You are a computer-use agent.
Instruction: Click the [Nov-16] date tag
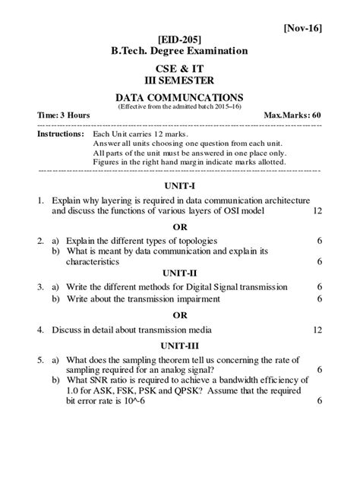pyautogui.click(x=303, y=28)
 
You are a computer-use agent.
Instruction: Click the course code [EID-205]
pyautogui.click(x=179, y=39)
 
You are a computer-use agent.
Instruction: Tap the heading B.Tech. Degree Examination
pyautogui.click(x=179, y=51)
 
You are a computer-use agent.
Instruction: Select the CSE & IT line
pyautogui.click(x=179, y=68)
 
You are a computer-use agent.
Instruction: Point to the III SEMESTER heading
pyautogui.click(x=179, y=80)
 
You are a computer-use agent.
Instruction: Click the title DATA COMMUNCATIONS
pyautogui.click(x=179, y=98)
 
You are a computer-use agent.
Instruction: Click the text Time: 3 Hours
pyautogui.click(x=64, y=115)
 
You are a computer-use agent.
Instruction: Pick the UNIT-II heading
pyautogui.click(x=179, y=273)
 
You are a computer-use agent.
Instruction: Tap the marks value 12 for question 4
pyautogui.click(x=317, y=330)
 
